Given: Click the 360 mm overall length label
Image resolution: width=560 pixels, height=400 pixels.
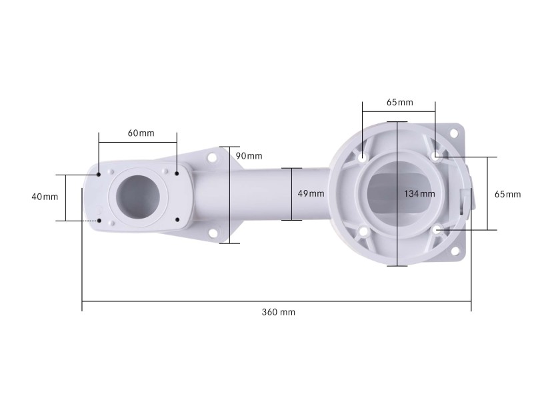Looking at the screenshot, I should (278, 312).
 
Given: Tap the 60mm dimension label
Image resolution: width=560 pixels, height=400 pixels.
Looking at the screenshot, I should (141, 133).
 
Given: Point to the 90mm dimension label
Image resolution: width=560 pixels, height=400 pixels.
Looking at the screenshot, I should (249, 155).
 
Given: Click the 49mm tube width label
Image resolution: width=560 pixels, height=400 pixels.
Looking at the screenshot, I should (311, 193).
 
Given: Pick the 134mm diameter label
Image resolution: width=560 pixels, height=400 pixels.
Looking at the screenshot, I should (419, 193).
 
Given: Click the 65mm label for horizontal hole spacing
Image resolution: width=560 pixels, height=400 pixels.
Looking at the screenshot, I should (399, 103).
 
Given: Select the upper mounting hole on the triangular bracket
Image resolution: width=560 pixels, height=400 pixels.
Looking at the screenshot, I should (213, 158).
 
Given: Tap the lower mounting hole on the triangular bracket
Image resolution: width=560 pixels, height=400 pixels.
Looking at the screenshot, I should (214, 233).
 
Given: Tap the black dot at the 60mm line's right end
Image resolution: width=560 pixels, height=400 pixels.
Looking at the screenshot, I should (177, 174).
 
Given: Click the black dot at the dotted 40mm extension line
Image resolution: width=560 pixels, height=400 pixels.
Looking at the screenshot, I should (99, 221).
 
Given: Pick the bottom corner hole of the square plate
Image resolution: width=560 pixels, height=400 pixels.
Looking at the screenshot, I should (455, 251).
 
